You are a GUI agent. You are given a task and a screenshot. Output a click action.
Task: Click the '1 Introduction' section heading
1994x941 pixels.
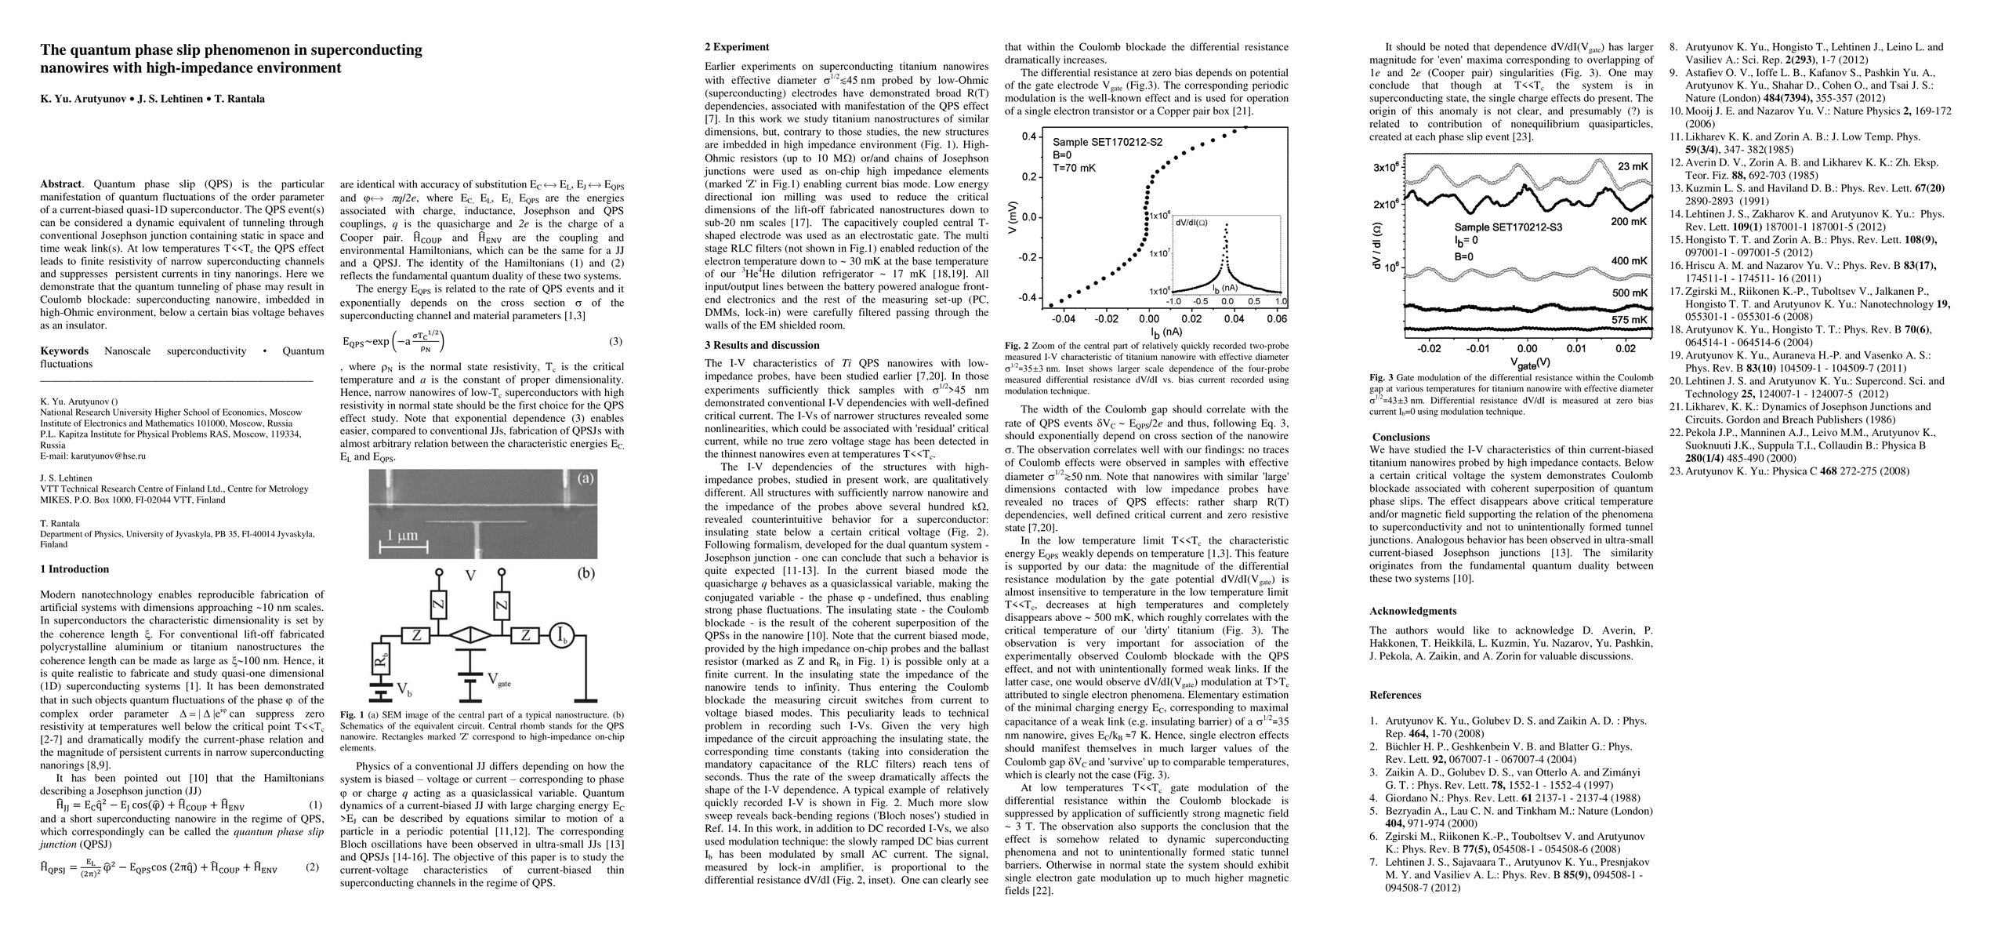click(74, 569)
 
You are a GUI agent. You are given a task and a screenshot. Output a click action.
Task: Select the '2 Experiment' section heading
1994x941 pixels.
click(737, 47)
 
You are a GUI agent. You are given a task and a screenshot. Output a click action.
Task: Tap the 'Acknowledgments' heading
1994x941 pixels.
click(1412, 611)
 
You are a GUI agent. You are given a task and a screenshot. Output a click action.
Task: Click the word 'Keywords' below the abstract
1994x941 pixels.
click(64, 351)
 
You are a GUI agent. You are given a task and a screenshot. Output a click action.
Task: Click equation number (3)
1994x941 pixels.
click(616, 341)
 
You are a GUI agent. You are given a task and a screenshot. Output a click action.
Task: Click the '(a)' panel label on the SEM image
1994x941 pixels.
click(585, 478)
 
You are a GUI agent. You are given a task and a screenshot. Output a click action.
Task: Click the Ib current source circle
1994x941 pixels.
click(561, 635)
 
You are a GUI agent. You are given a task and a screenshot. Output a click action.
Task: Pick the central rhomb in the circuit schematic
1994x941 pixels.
click(470, 635)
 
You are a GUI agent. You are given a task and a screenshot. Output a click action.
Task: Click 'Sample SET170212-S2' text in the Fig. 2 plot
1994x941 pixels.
click(1107, 142)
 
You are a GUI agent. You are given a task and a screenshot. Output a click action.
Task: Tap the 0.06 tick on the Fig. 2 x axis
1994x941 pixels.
click(1276, 319)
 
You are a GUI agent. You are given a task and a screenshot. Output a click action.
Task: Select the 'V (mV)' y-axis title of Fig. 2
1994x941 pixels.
click(1013, 220)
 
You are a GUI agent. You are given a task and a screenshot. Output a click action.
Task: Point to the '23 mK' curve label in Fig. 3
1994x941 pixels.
click(1633, 166)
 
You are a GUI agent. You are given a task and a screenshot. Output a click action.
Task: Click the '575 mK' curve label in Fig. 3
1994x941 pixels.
click(1630, 320)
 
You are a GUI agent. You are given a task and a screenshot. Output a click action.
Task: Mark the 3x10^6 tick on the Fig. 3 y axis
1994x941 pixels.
click(1386, 168)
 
